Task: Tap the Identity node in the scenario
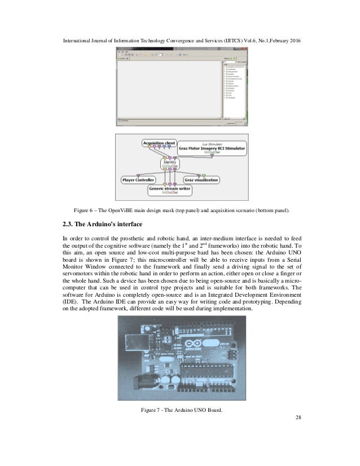[x=170, y=162]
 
